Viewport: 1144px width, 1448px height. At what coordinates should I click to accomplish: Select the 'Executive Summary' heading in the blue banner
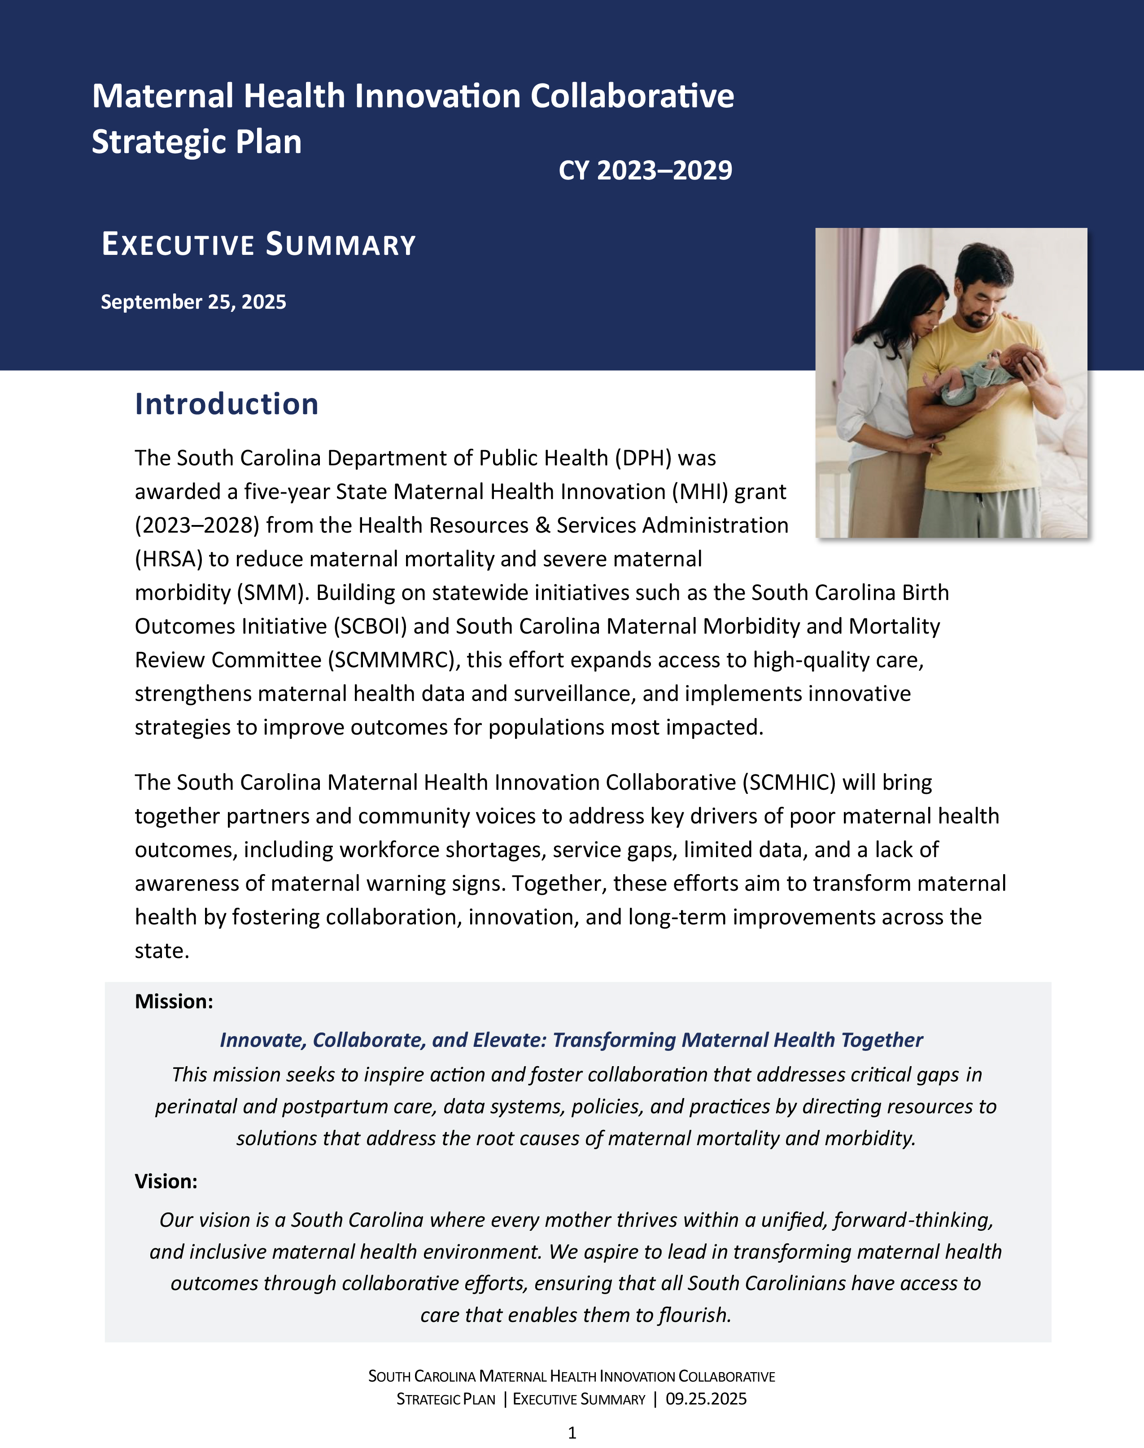click(x=258, y=245)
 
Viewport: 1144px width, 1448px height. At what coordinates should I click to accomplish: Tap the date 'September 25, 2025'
click(x=193, y=302)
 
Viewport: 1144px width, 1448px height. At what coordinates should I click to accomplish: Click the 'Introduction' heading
click(x=227, y=404)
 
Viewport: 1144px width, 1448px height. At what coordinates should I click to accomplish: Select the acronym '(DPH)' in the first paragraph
click(x=637, y=458)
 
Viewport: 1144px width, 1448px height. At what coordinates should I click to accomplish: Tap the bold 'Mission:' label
click(x=174, y=1001)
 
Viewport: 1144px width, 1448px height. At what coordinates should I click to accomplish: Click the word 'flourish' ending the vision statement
click(x=694, y=1315)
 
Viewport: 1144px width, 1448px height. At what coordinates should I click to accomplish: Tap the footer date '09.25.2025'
click(x=706, y=1399)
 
